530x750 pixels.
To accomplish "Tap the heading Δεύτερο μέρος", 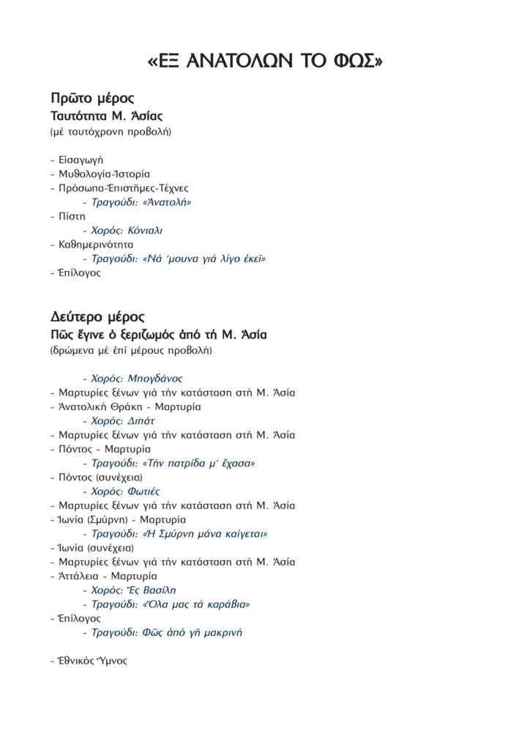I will (98, 317).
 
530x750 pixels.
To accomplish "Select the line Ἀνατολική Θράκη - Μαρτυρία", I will (125, 406).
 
